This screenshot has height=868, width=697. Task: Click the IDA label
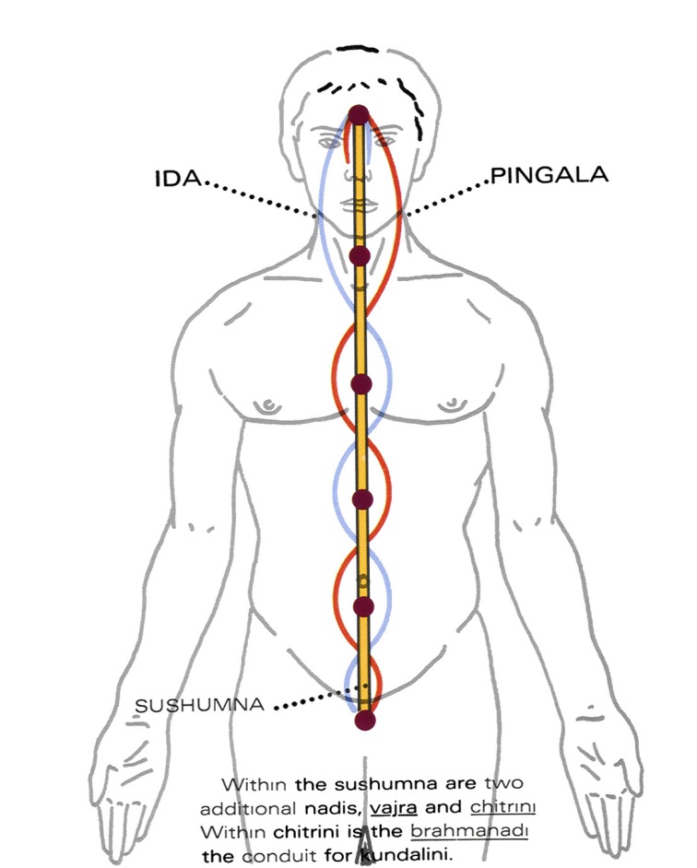pyautogui.click(x=177, y=177)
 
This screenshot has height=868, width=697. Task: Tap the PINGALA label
pyautogui.click(x=549, y=175)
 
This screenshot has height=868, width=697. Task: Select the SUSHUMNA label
pyautogui.click(x=200, y=705)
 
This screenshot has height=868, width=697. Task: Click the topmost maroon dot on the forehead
pyautogui.click(x=359, y=115)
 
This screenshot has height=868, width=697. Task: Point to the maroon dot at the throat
pyautogui.click(x=360, y=254)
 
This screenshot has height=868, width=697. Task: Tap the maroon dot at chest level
pyautogui.click(x=361, y=383)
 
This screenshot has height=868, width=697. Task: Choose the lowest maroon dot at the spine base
pyautogui.click(x=365, y=721)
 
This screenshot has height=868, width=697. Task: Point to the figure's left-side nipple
pyautogui.click(x=270, y=404)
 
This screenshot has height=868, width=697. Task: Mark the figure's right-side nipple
pyautogui.click(x=452, y=403)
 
